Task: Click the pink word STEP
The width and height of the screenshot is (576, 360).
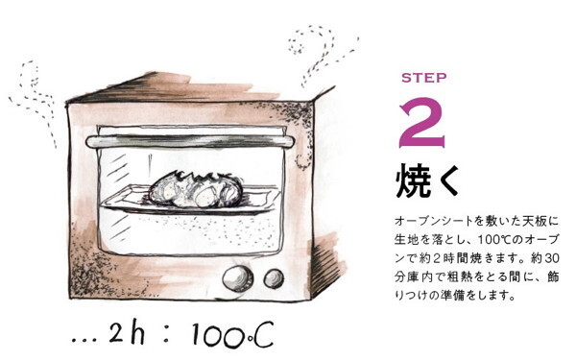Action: [x=423, y=78]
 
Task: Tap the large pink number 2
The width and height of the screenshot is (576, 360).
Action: [x=422, y=121]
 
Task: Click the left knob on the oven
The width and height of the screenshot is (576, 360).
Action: [x=234, y=278]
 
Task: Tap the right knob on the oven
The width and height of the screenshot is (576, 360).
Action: [x=274, y=278]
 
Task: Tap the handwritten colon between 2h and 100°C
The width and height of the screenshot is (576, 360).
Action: [x=165, y=335]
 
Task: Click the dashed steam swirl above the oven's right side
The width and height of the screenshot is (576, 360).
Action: [x=317, y=53]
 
